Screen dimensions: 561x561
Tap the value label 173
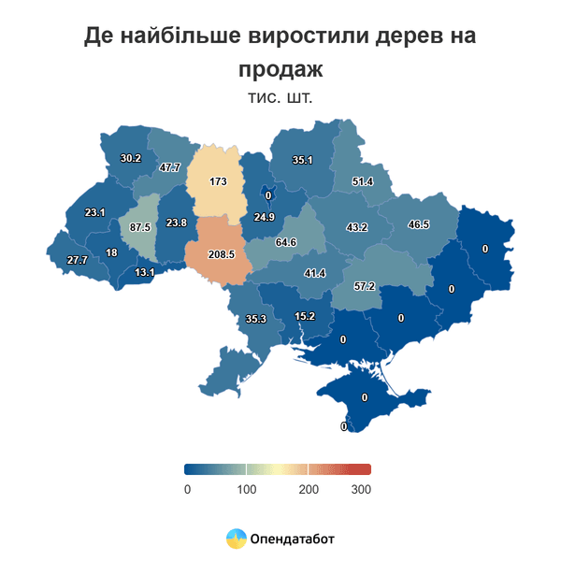tap(218, 180)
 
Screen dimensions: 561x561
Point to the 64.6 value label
tap(285, 242)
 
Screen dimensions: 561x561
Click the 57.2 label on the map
tap(364, 286)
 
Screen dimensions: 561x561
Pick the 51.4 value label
tap(362, 181)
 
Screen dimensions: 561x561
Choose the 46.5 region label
tap(418, 225)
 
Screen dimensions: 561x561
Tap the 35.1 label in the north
tap(302, 161)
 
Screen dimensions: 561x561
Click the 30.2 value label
tap(131, 158)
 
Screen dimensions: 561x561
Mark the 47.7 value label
tap(169, 167)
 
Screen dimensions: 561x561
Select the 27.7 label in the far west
tap(77, 259)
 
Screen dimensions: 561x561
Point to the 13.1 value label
tap(145, 272)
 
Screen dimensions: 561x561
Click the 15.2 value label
tap(305, 316)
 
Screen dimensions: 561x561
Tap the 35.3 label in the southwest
tap(255, 319)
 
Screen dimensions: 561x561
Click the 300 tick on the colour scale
tap(361, 489)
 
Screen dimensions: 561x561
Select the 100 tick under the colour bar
tap(246, 489)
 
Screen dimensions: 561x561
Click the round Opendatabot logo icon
tap(236, 539)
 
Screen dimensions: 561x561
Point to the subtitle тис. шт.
tap(280, 96)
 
